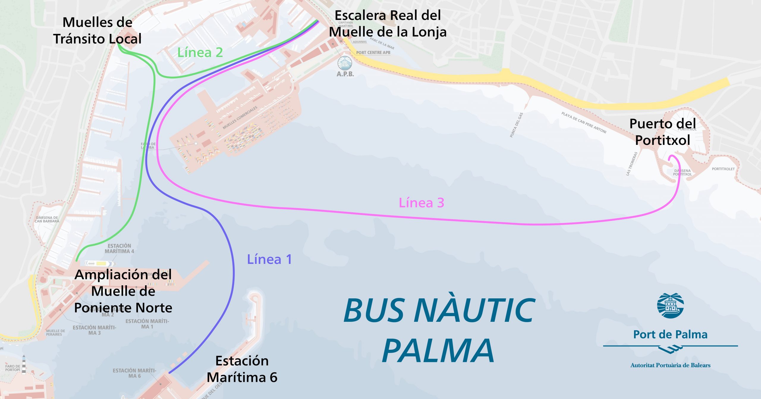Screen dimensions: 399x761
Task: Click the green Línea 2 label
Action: point(200,53)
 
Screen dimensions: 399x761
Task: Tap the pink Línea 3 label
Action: point(421,203)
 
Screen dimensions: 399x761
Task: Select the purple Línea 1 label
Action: point(269,259)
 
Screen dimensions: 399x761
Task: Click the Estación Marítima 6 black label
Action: point(242,369)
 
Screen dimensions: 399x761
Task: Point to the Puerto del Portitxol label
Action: point(663,132)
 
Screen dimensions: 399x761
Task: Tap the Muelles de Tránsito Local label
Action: point(97,31)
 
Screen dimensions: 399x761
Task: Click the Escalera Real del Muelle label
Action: point(388,24)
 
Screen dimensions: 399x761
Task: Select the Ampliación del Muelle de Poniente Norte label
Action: point(123,291)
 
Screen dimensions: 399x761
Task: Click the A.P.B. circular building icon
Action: point(345,63)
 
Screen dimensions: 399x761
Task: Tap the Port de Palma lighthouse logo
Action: point(670,305)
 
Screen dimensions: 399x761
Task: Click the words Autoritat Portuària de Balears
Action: point(670,365)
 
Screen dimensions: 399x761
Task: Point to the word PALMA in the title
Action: point(438,351)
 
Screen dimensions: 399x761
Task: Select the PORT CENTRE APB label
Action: point(373,53)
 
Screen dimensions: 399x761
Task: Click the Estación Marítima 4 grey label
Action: point(119,248)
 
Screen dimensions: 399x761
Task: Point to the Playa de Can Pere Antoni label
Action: point(584,122)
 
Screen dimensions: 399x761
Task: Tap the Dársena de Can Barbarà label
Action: point(47,219)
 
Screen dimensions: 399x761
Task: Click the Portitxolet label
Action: point(723,169)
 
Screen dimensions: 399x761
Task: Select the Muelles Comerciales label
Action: point(240,118)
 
